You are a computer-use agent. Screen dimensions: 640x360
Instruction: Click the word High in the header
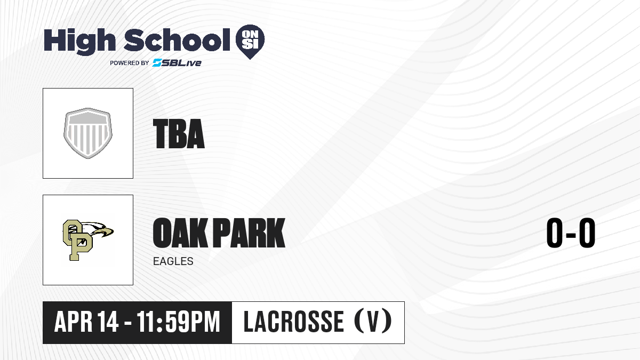tap(79, 41)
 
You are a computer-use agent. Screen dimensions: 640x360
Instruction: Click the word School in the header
tap(177, 40)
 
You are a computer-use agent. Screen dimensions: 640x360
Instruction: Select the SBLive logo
tap(177, 62)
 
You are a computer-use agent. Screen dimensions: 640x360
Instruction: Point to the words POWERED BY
tap(130, 63)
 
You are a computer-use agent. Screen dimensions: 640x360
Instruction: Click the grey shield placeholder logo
tap(88, 133)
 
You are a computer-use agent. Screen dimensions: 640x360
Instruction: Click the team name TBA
tap(179, 134)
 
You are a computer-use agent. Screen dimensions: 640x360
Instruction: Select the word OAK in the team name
tap(180, 233)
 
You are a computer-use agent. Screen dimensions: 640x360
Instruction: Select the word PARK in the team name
tap(249, 233)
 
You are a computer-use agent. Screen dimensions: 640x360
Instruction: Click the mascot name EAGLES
tap(173, 261)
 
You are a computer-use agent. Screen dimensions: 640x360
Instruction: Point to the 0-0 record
tap(571, 233)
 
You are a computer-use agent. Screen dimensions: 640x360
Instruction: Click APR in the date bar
tap(74, 322)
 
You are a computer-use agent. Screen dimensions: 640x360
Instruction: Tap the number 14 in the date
tap(108, 322)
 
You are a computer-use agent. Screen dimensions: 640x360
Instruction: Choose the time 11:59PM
tap(178, 322)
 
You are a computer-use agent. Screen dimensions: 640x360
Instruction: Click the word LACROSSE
tap(294, 322)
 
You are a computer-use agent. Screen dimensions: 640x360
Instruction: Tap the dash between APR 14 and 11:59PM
tap(128, 323)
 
